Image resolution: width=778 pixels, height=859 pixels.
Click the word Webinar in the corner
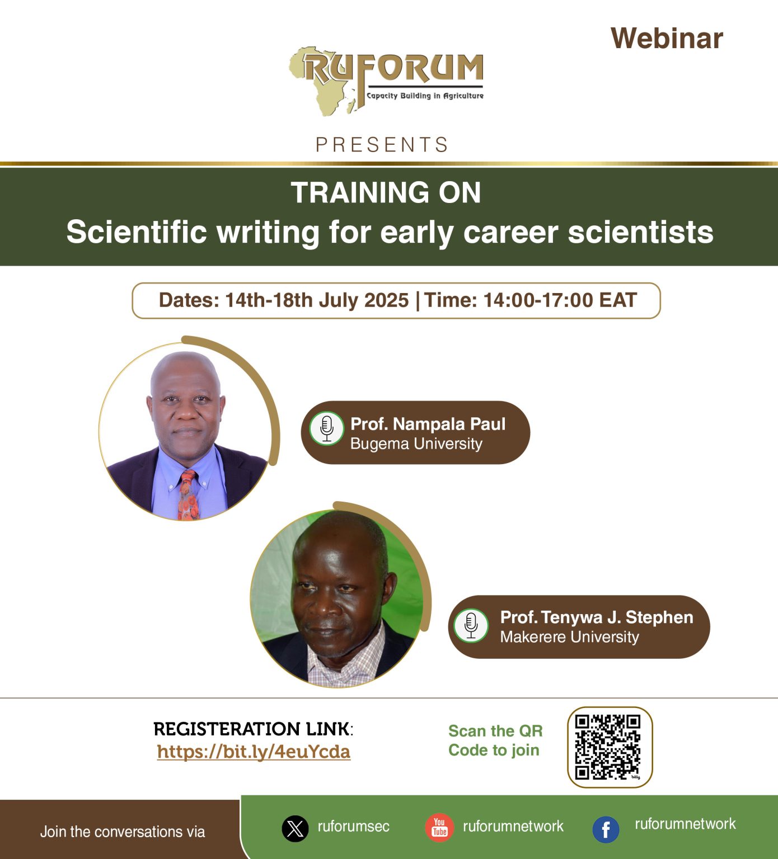pyautogui.click(x=667, y=39)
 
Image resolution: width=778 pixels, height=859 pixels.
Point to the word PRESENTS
pyautogui.click(x=382, y=145)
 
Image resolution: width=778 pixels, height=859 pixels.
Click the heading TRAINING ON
pyautogui.click(x=386, y=193)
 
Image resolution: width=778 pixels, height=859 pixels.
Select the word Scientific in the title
pyautogui.click(x=137, y=232)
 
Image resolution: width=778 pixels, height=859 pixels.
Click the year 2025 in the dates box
pyautogui.click(x=386, y=300)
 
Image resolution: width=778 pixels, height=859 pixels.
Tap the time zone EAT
pyautogui.click(x=618, y=300)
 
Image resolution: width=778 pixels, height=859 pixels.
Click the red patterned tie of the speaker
pyautogui.click(x=188, y=495)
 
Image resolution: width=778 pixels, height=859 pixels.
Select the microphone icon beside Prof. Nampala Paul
pyautogui.click(x=327, y=428)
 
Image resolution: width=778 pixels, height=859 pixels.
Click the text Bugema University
pyautogui.click(x=416, y=444)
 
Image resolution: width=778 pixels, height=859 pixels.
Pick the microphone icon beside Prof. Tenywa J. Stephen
pyautogui.click(x=471, y=625)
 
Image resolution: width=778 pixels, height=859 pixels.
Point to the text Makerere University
pyautogui.click(x=569, y=637)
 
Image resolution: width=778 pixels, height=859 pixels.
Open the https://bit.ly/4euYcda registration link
pyautogui.click(x=254, y=752)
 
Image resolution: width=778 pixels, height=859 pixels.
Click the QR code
pyautogui.click(x=609, y=747)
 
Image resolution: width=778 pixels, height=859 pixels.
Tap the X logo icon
pyautogui.click(x=295, y=829)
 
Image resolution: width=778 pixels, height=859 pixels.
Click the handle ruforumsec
pyautogui.click(x=353, y=827)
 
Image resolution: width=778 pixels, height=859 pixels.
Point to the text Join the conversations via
pyautogui.click(x=123, y=832)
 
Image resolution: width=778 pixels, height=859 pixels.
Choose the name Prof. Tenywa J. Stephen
pyautogui.click(x=597, y=617)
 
